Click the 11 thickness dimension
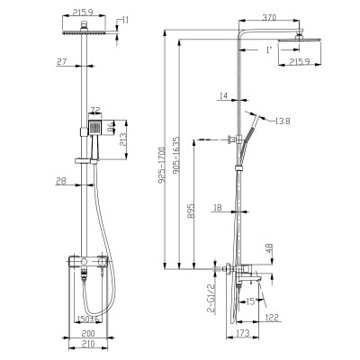coord(124,18)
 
